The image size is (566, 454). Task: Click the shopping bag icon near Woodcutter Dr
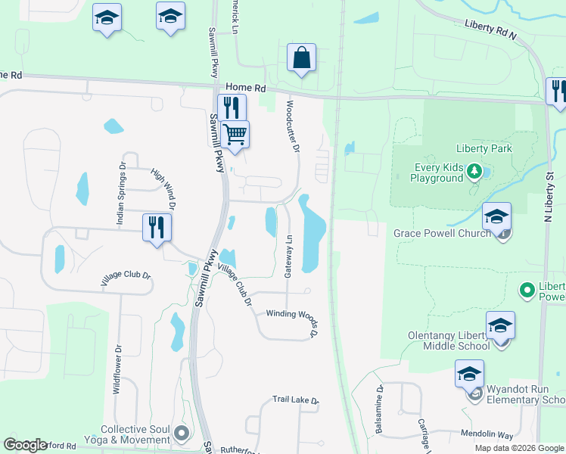(x=301, y=58)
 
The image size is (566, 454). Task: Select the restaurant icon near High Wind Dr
(x=157, y=228)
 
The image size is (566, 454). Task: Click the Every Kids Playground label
(x=437, y=173)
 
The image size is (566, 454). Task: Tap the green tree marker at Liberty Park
(x=474, y=170)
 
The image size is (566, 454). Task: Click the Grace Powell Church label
(x=442, y=233)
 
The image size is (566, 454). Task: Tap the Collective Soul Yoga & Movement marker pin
(x=181, y=433)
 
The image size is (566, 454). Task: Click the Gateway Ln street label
(x=288, y=257)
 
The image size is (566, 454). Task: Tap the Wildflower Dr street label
(x=117, y=368)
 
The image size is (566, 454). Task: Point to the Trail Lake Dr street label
(x=296, y=400)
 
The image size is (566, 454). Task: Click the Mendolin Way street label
(x=487, y=435)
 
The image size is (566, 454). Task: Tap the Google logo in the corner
(x=25, y=445)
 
